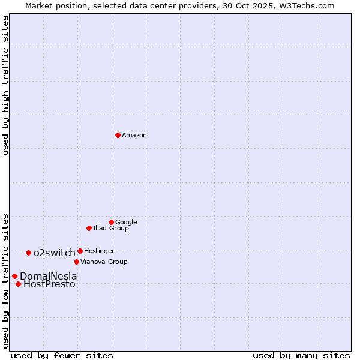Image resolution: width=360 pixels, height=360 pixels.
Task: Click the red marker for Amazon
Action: tap(118, 135)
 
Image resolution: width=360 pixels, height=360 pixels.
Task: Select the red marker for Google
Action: tap(111, 222)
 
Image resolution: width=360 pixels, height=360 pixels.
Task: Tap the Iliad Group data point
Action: tap(89, 228)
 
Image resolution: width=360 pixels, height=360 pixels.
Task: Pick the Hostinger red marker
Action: tap(80, 251)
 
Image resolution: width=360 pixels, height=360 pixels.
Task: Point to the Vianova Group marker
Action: tap(76, 262)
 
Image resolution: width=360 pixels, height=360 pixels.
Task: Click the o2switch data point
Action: tap(28, 253)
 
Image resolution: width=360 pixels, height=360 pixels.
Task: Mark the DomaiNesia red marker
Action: tap(14, 276)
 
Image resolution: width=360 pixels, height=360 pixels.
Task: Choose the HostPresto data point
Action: tap(18, 284)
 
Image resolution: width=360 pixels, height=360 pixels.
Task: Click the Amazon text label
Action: tap(134, 136)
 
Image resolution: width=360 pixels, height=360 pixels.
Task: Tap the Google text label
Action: tap(126, 223)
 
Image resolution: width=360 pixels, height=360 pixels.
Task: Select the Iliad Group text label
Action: tap(111, 229)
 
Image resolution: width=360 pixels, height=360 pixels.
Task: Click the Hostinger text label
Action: tap(99, 251)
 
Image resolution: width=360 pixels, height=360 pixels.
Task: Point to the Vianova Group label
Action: tap(104, 262)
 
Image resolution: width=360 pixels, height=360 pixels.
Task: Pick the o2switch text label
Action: tap(55, 253)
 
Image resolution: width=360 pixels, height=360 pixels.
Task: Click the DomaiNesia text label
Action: tap(49, 277)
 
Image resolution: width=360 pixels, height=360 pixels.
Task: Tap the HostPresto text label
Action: tap(49, 284)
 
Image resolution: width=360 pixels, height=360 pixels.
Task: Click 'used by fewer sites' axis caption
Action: tap(62, 356)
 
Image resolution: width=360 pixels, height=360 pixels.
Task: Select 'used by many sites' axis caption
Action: tap(301, 356)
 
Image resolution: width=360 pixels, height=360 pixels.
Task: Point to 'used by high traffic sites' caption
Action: tap(5, 85)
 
